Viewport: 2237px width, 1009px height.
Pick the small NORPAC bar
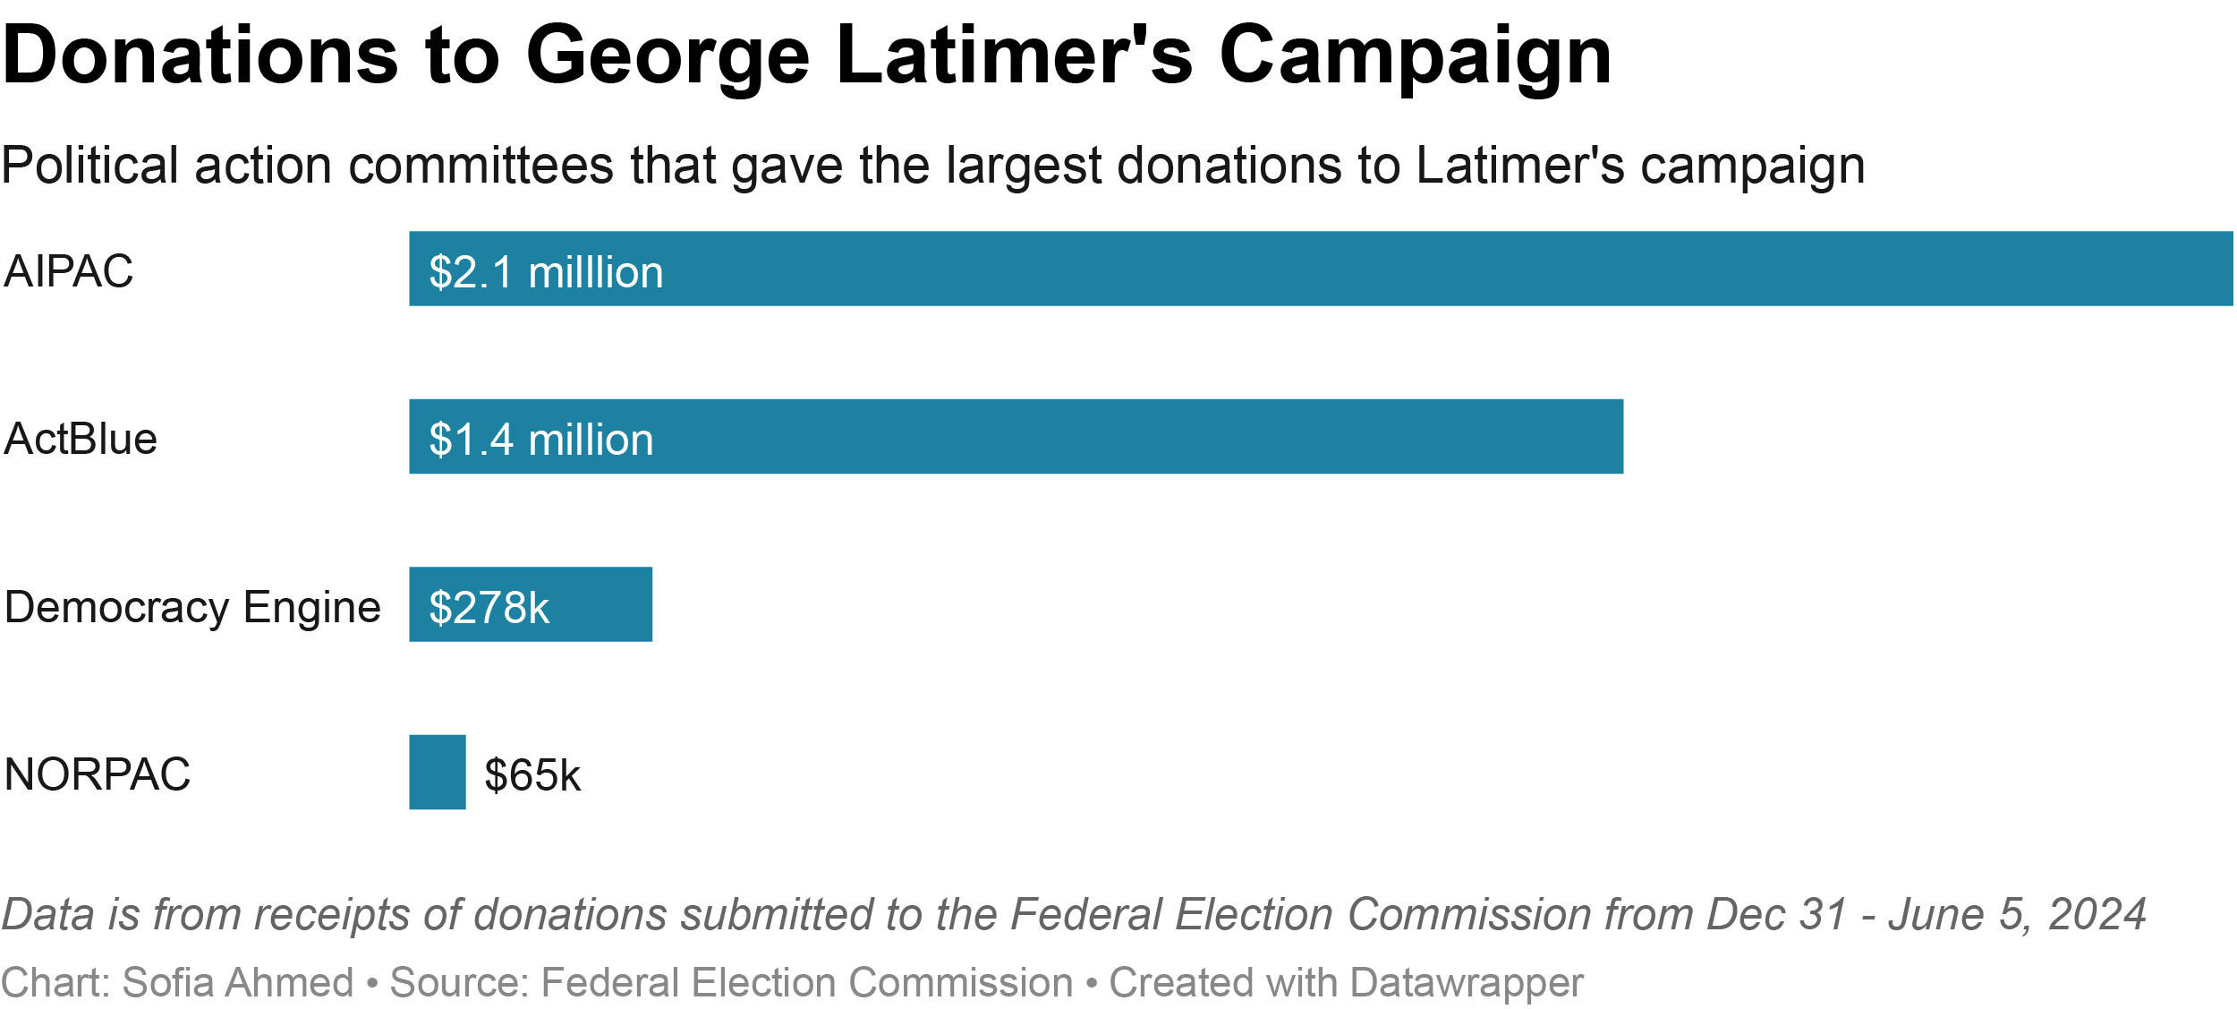pos(438,772)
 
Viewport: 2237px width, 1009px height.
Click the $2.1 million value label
pos(546,272)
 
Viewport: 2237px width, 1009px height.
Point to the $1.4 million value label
pos(541,440)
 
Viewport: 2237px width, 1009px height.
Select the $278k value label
pos(489,608)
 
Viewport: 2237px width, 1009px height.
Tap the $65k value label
pos(532,775)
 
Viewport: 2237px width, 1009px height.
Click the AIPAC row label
pos(69,271)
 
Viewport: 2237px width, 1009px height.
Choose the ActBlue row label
pos(81,439)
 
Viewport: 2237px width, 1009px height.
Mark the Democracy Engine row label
pos(192,607)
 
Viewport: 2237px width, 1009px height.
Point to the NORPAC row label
pos(98,774)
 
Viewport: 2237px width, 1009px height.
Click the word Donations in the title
pos(200,56)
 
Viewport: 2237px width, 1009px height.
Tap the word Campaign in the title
pos(1415,56)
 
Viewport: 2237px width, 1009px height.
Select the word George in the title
pos(668,56)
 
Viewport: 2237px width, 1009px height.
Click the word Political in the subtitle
pos(90,166)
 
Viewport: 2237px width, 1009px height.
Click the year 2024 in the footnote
pos(2097,914)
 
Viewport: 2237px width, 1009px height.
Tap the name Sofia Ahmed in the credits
pos(237,982)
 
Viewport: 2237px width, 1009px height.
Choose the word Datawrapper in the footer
pos(1467,982)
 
